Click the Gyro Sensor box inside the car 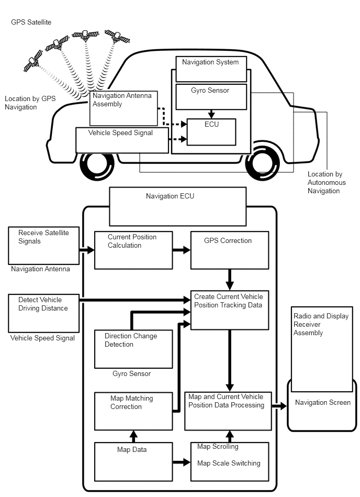tap(211, 96)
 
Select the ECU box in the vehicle tap(211, 132)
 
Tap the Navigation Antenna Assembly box tap(123, 107)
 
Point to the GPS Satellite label tap(31, 23)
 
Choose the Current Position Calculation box tap(133, 250)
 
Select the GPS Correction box tap(229, 250)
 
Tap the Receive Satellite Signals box tap(44, 245)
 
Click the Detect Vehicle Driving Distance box tap(44, 313)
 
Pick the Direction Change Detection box tap(133, 349)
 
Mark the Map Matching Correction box tap(133, 411)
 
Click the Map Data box tap(133, 461)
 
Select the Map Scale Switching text tap(229, 463)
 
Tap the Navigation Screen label tap(322, 403)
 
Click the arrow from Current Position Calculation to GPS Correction tap(182, 250)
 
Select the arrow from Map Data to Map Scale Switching tap(182, 462)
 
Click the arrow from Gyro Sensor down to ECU tap(211, 114)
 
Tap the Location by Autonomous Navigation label tap(327, 182)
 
